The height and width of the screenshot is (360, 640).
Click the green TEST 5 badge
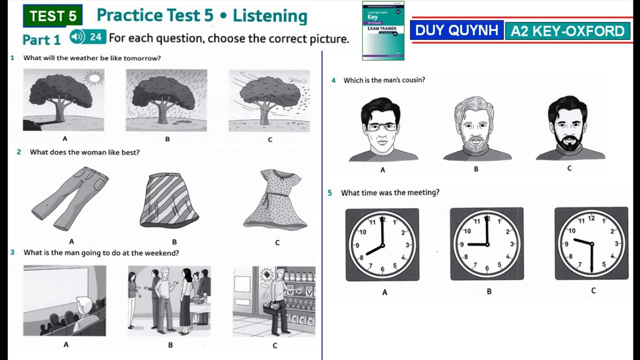coord(52,16)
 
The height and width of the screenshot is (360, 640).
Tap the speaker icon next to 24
coord(77,36)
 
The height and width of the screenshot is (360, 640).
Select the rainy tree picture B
coord(166,100)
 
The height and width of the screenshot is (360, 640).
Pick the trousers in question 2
coord(70,197)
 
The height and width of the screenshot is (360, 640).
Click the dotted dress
coord(275,199)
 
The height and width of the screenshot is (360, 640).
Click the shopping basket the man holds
coord(271,308)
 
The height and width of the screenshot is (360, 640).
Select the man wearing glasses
coord(382,129)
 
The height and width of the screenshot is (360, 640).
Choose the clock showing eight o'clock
coord(382,244)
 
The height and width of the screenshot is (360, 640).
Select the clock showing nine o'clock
coord(487,244)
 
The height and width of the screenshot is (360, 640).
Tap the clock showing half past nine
coord(591,243)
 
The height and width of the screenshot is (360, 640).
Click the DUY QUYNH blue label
coord(456,30)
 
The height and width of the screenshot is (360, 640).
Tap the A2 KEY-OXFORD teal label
coord(567,31)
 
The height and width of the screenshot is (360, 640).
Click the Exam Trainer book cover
coord(383,30)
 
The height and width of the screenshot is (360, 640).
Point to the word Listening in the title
coord(269,15)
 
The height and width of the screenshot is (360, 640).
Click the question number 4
coord(333,80)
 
